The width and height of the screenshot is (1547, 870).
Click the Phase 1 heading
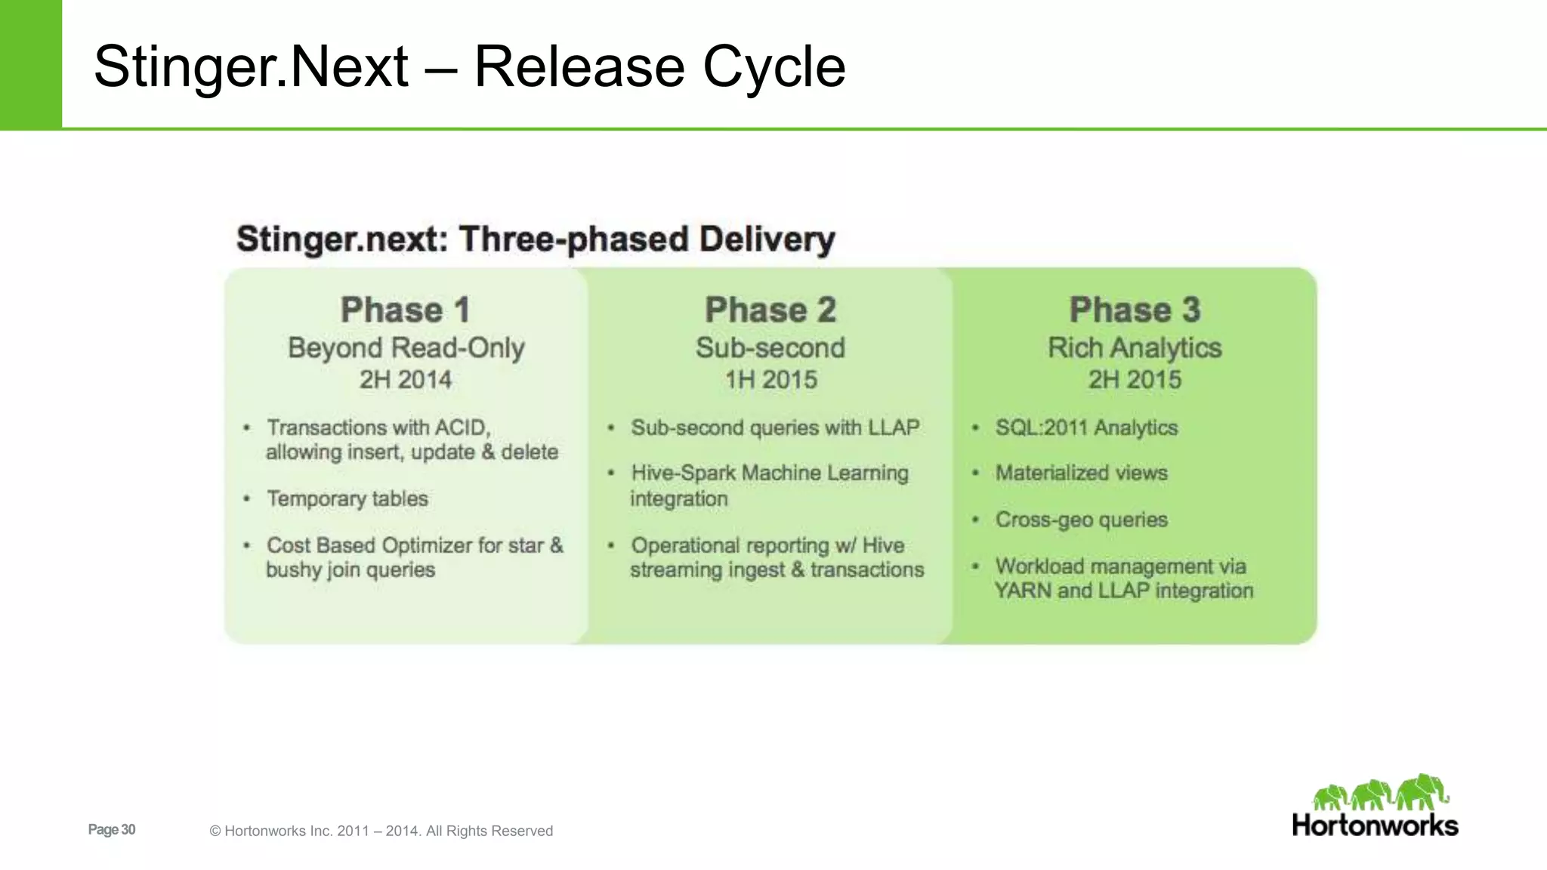point(406,310)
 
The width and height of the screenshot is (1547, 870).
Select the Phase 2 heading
point(770,310)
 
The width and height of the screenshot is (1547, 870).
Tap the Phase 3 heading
point(1135,310)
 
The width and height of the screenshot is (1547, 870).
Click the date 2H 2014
point(406,379)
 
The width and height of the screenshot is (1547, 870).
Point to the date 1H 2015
point(770,379)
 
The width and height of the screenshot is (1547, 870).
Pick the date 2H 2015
point(1135,379)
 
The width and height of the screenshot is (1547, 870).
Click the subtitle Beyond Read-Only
point(406,347)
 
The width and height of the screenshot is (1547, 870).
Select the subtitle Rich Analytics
point(1135,347)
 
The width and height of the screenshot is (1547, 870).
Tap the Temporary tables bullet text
point(347,498)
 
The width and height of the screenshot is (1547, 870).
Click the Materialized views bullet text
point(1081,473)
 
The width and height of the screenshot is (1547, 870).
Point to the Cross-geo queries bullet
point(1081,520)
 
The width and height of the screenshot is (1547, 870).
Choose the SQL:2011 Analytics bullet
point(1086,427)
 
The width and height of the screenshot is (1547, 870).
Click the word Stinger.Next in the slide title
point(250,66)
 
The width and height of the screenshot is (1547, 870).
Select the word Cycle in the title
point(773,66)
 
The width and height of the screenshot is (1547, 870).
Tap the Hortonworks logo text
point(1375,825)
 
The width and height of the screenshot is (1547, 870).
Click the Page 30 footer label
point(112,829)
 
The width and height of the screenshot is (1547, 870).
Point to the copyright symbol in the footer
point(215,831)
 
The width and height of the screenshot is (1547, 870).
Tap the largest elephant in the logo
point(1422,791)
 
